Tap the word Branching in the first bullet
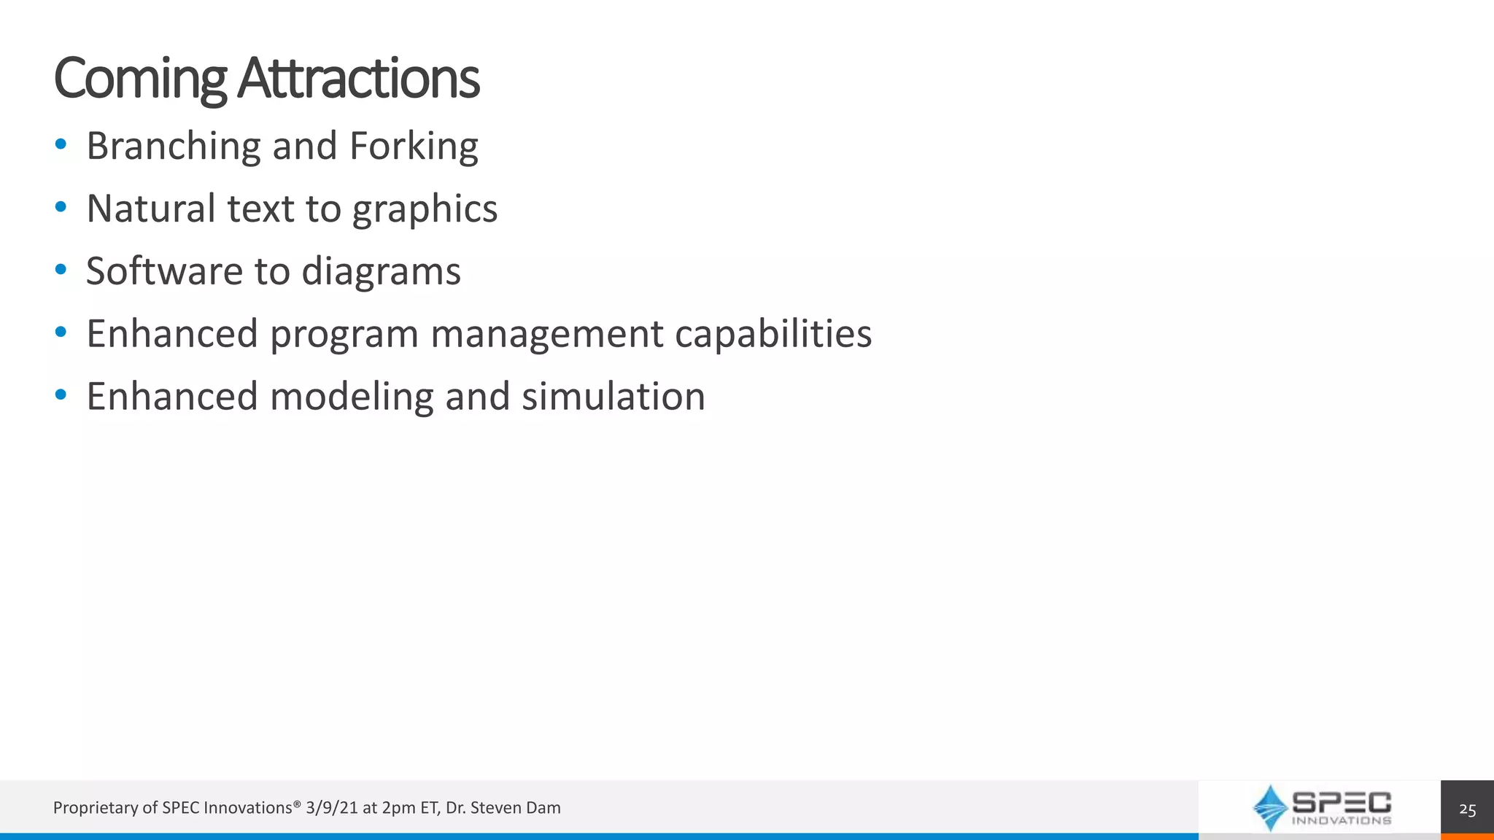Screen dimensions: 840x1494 (x=173, y=146)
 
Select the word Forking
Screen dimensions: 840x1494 (x=414, y=146)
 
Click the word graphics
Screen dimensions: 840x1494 (x=425, y=210)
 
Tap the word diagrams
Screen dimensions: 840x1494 (x=381, y=272)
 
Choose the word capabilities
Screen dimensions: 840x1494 (x=773, y=334)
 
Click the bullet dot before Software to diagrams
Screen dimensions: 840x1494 (x=61, y=270)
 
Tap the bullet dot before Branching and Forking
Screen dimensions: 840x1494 (x=61, y=144)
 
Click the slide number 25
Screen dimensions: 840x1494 (x=1467, y=809)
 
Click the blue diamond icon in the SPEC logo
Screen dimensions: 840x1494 (x=1270, y=807)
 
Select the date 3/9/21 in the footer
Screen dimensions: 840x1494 (x=332, y=808)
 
